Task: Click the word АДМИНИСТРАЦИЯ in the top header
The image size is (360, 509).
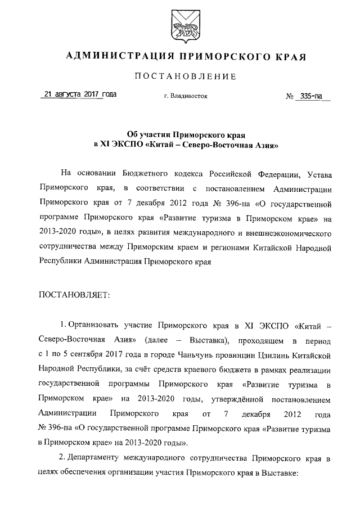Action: tap(115, 57)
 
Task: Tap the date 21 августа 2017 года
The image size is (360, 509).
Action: tap(79, 95)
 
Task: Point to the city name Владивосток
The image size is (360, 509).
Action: tap(188, 96)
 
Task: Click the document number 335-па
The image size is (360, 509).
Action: tap(315, 96)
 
